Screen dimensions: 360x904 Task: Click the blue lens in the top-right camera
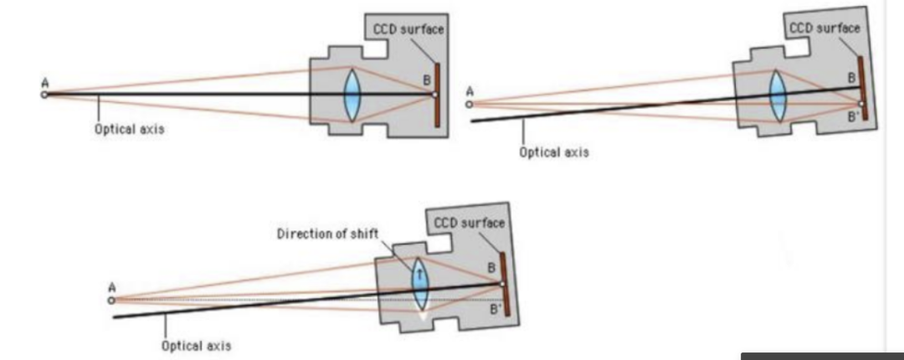tap(778, 95)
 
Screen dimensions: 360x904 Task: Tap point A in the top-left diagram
tap(44, 95)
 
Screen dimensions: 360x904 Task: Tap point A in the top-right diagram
tap(470, 104)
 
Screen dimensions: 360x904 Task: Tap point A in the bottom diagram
tap(111, 299)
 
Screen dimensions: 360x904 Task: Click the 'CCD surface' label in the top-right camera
tap(824, 28)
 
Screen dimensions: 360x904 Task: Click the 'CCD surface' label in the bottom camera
tap(470, 223)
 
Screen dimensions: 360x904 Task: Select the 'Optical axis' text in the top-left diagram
tap(129, 131)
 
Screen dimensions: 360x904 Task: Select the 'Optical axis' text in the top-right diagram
tap(553, 152)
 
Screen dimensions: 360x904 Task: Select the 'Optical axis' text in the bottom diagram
tap(197, 345)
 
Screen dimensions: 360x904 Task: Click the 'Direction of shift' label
tap(327, 233)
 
